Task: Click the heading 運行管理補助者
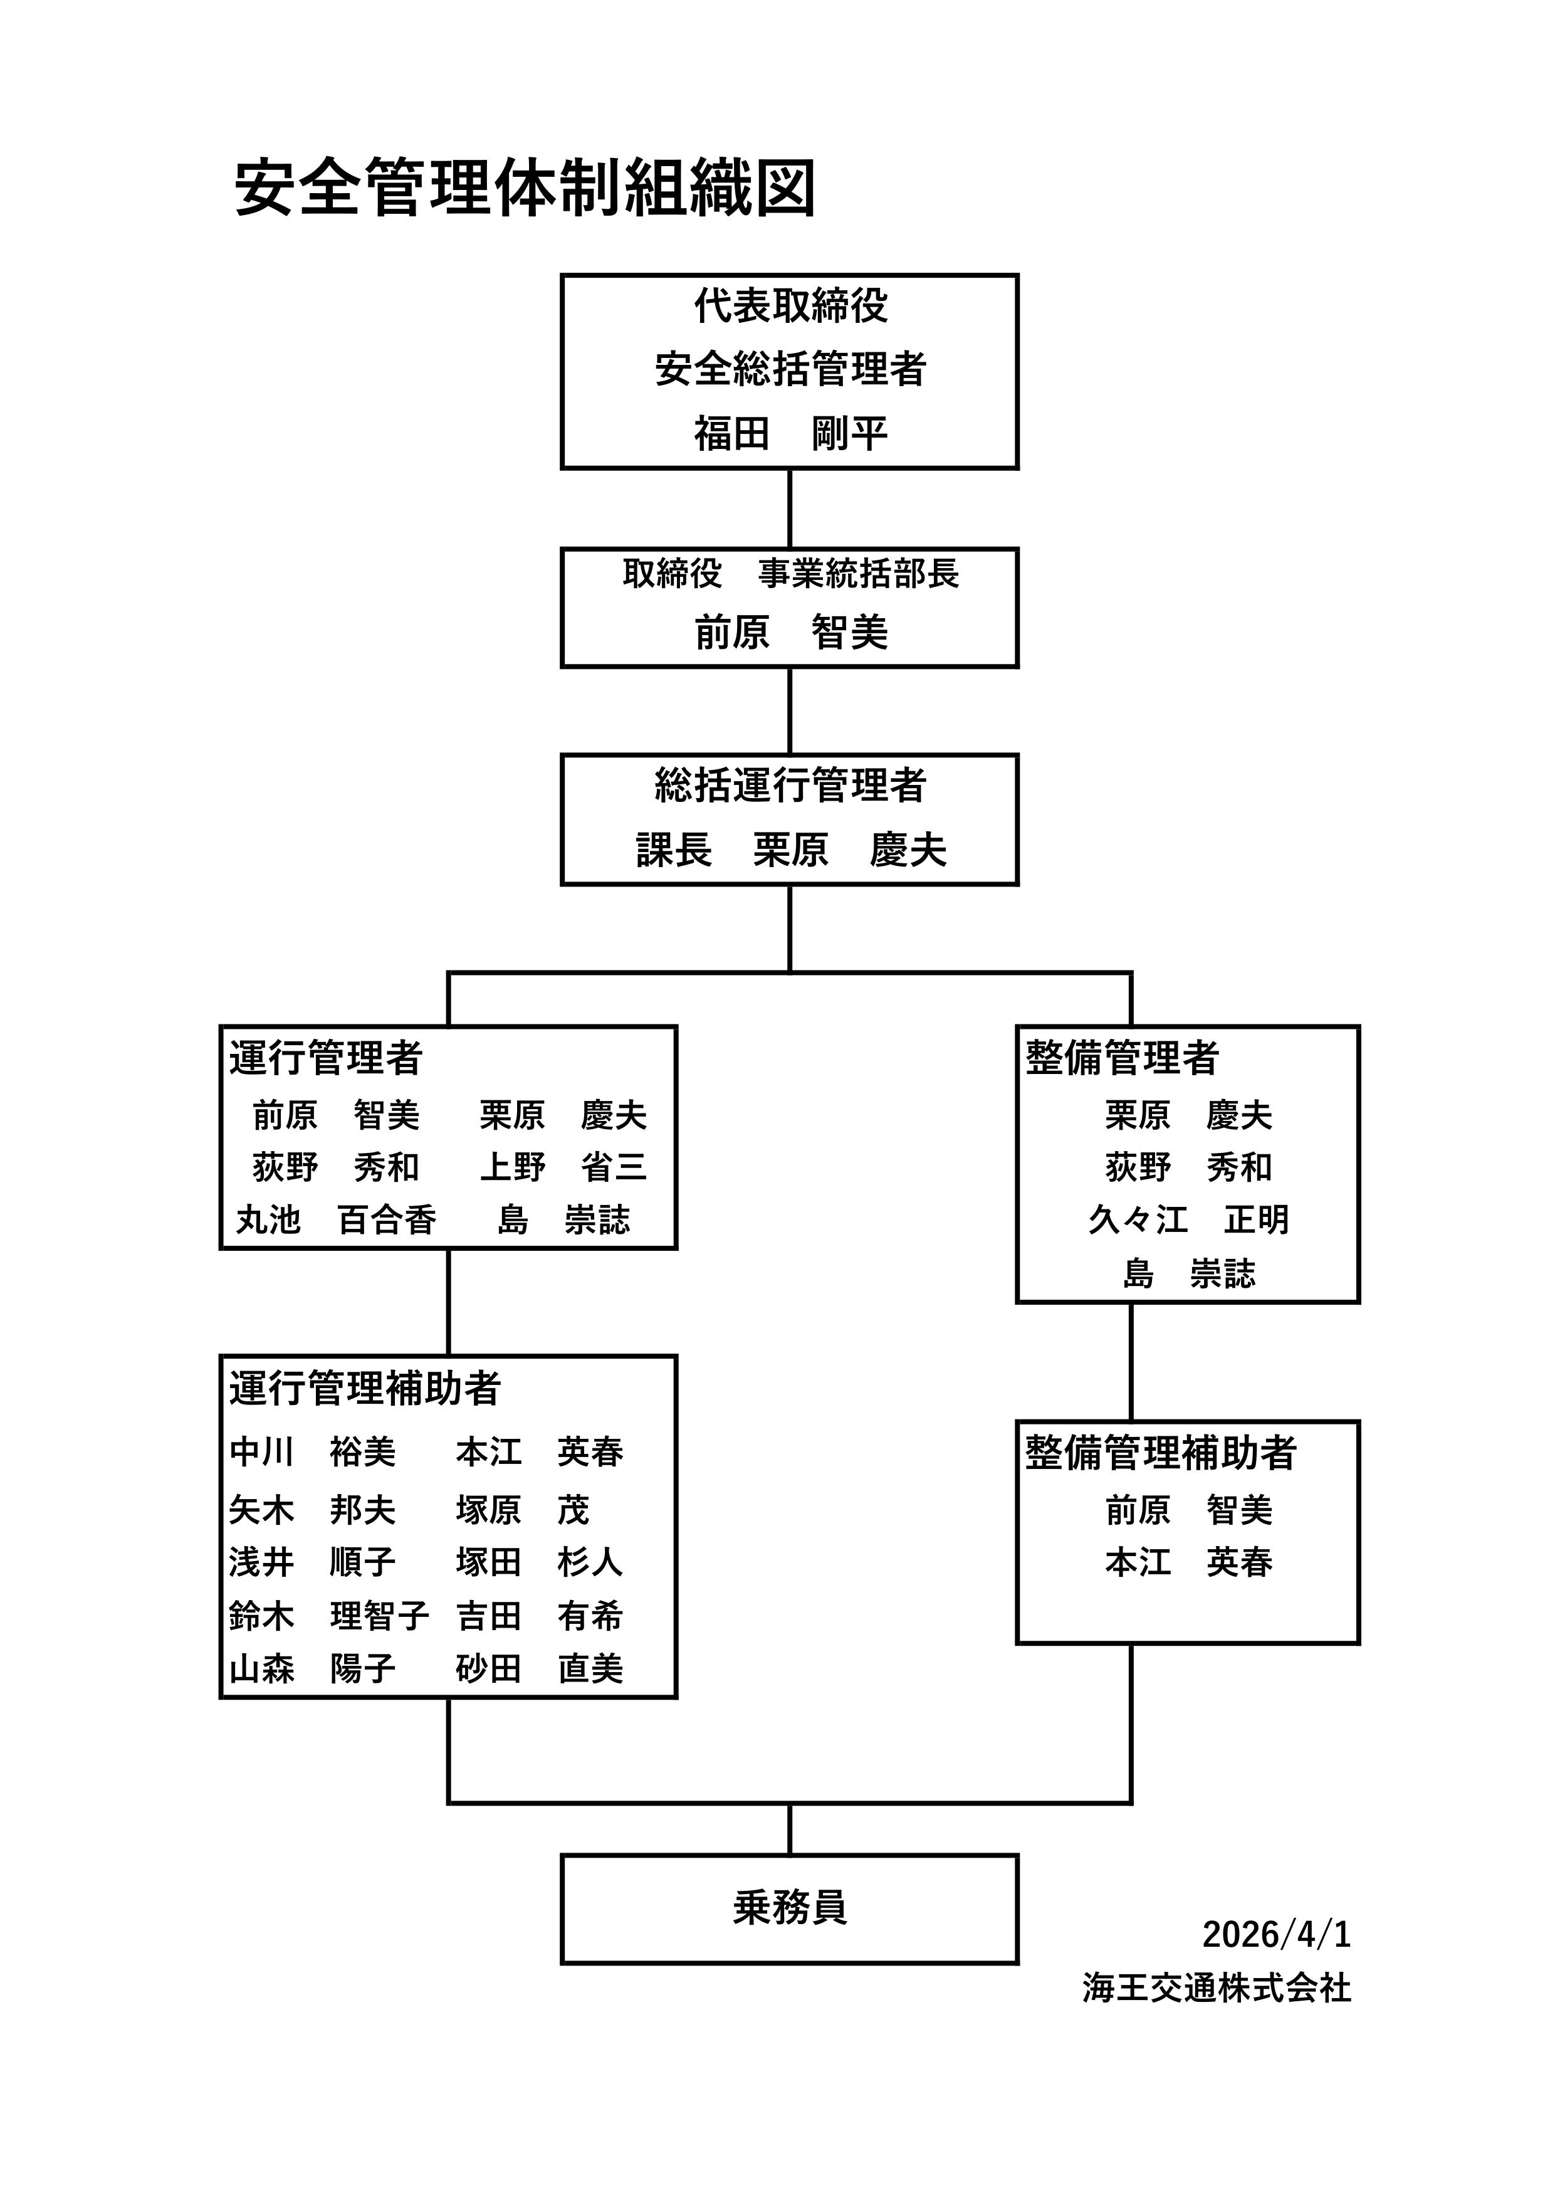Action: pos(364,1389)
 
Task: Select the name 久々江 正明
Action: pos(1188,1221)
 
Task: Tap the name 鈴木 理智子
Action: pos(328,1616)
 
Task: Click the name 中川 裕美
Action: pos(312,1453)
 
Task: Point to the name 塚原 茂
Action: pos(522,1511)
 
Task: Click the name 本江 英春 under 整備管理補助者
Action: pos(1188,1564)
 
